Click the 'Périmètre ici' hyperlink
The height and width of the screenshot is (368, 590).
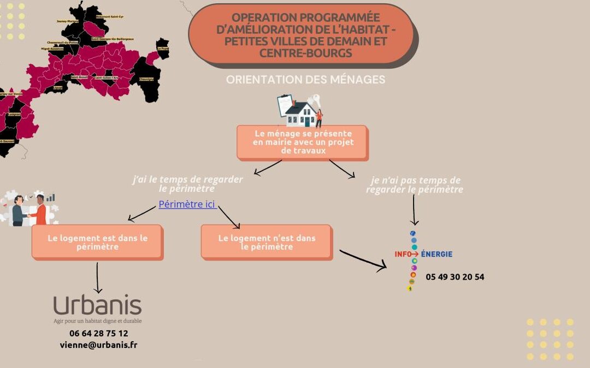(x=187, y=204)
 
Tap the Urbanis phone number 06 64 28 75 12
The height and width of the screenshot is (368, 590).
(x=99, y=333)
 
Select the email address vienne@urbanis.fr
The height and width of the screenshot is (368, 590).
(x=98, y=345)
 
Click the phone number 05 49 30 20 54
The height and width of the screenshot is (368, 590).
(x=455, y=277)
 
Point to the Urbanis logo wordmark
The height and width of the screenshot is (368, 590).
(x=97, y=306)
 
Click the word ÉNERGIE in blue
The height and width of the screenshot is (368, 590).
(x=436, y=254)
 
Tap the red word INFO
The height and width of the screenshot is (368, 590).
(x=403, y=254)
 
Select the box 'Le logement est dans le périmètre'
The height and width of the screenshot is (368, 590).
(x=97, y=242)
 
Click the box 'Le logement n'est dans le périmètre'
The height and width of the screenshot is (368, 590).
(x=266, y=242)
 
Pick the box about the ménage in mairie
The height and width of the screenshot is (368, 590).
(x=302, y=142)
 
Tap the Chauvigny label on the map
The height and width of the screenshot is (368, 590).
(x=146, y=79)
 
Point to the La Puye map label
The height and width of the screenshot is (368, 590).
(x=162, y=49)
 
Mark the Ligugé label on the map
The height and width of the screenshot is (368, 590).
(x=58, y=87)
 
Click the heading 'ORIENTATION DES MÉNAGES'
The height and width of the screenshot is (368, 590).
(x=305, y=80)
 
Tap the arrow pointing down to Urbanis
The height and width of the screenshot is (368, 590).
(x=98, y=278)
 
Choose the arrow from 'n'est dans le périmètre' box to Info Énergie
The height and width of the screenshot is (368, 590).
(x=363, y=260)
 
